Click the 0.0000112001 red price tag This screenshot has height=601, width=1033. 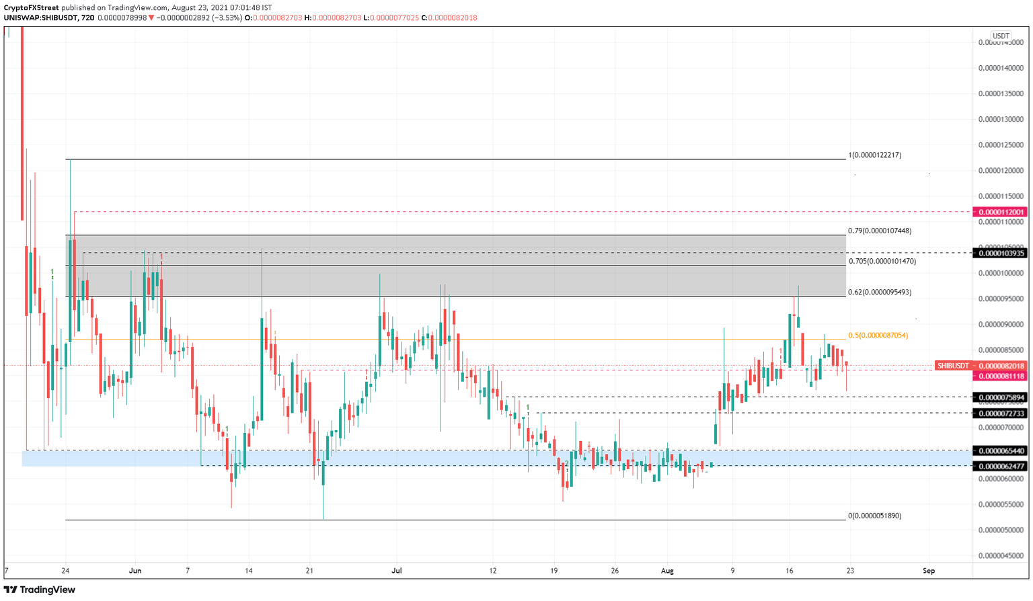[x=1001, y=212]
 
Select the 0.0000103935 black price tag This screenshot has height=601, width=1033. [x=1001, y=253]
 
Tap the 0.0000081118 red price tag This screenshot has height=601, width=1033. [x=1001, y=376]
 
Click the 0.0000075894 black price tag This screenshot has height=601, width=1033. [x=1001, y=397]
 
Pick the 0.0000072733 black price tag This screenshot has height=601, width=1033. [x=1001, y=413]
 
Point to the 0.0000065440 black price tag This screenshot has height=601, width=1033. [x=1001, y=450]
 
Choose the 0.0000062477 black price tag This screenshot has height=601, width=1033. [x=1001, y=466]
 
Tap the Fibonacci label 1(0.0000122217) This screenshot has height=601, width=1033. [x=874, y=155]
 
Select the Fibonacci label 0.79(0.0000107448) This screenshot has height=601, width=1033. [x=880, y=231]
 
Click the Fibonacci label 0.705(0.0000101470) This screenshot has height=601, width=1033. [x=882, y=261]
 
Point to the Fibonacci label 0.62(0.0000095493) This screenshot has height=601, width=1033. [x=880, y=292]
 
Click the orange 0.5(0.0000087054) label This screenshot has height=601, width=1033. [x=878, y=335]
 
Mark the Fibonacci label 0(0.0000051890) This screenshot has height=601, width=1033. [x=874, y=516]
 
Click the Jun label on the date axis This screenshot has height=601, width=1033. [x=135, y=571]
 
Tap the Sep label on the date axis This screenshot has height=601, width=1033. [x=929, y=571]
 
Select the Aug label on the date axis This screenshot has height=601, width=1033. [x=667, y=571]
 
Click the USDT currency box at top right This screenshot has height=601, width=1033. [x=1001, y=36]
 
